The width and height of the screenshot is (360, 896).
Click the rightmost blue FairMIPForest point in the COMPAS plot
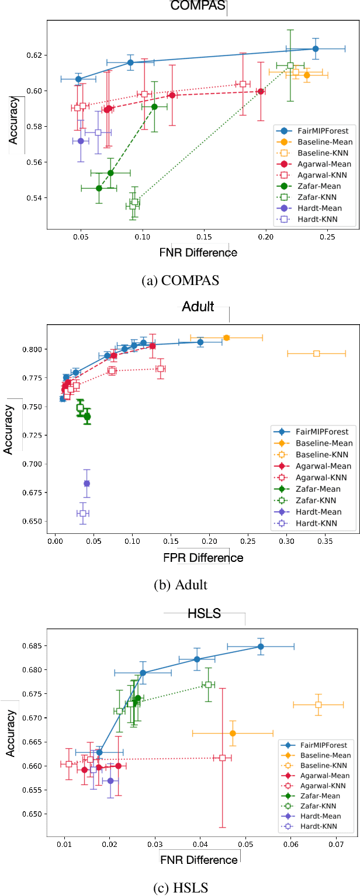316,48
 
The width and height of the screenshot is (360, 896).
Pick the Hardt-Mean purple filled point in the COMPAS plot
81,141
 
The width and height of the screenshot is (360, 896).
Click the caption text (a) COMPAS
180,280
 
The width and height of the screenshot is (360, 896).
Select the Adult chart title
198,307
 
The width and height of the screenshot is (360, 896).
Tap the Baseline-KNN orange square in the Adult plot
316,353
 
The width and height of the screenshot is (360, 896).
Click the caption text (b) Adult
180,585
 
